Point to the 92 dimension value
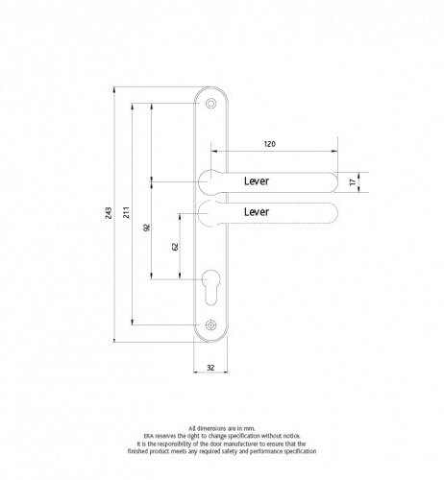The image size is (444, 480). tap(146, 228)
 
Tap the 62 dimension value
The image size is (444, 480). tap(175, 246)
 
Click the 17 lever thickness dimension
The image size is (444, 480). tap(354, 180)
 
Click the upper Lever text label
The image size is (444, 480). tap(258, 180)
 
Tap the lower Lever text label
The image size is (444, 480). tap(258, 210)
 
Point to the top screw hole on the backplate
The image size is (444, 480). tap(210, 102)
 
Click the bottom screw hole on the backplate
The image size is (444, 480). tap(210, 324)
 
